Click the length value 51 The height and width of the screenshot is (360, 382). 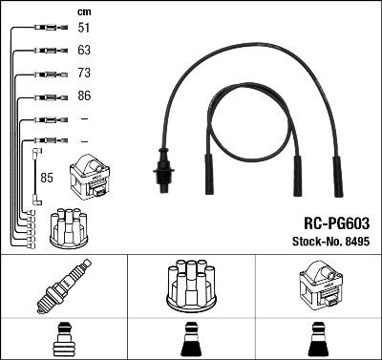point(84,29)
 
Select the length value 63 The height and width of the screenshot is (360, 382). point(84,51)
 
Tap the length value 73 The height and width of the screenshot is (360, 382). point(84,74)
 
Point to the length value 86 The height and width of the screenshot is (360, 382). point(84,96)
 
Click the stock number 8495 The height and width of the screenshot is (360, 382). point(356,241)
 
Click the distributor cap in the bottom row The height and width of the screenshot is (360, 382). point(190,285)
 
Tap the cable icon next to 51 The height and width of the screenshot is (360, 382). point(44,29)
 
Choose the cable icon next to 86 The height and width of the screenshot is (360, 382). point(44,96)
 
